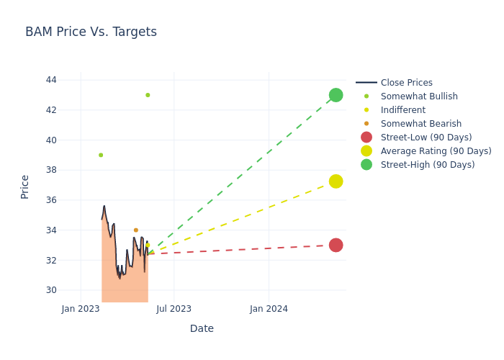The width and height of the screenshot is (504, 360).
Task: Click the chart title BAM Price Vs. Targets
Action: pos(91,32)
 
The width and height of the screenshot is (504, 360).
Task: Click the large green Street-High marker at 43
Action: pos(336,95)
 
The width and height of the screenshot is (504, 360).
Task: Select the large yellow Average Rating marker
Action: pos(336,181)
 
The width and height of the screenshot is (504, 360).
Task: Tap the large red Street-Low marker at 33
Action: pos(336,245)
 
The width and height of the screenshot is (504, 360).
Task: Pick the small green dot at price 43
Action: pos(148,95)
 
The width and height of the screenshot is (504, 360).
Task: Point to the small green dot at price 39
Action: pos(101,155)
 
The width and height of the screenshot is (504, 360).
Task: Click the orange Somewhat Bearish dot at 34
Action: pos(135,230)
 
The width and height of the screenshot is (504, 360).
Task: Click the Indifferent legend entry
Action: pos(402,110)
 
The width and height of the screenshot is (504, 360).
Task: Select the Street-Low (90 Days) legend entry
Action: pos(426,138)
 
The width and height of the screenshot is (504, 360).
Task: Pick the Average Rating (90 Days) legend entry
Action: pos(436,151)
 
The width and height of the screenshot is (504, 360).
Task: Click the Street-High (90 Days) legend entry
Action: pos(427,165)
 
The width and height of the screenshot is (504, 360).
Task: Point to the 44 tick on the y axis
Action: pos(51,80)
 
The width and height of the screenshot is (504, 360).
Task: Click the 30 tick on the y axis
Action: pos(51,290)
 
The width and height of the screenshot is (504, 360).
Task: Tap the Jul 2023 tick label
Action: pos(174,309)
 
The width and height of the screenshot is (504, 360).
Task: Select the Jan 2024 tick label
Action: pos(269,309)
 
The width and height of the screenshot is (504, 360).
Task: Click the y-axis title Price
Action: pos(25,186)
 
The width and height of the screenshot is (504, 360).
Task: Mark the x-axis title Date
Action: pos(202,329)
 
